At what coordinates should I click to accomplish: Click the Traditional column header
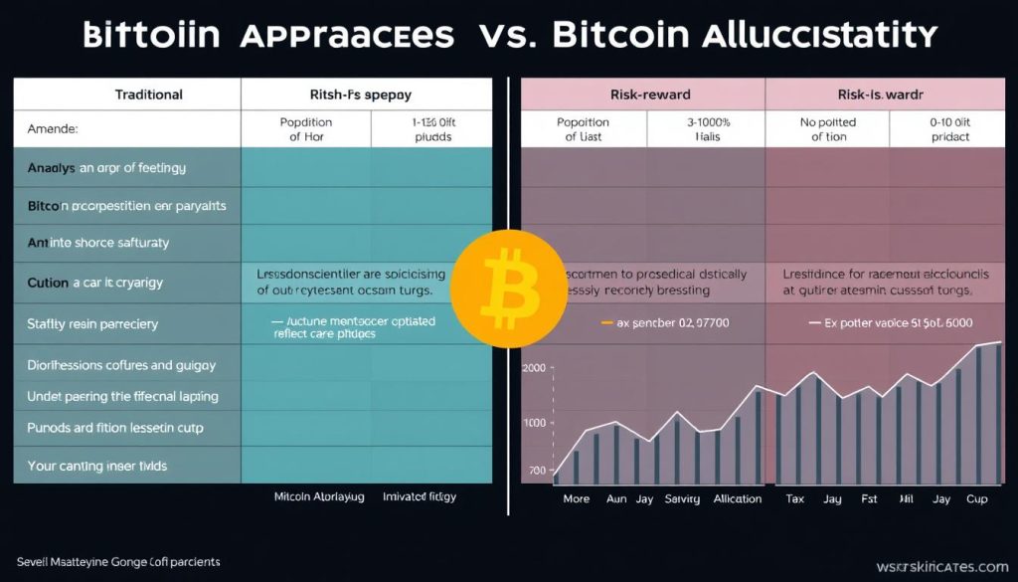(x=149, y=95)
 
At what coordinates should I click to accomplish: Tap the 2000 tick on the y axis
(x=535, y=368)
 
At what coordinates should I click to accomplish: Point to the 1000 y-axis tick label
(x=535, y=423)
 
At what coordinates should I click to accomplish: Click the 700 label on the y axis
(x=537, y=471)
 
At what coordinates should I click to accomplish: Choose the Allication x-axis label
(x=738, y=498)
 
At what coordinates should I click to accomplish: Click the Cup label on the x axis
(x=977, y=498)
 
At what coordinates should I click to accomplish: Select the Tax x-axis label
(x=795, y=498)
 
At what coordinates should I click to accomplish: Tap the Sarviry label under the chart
(x=682, y=498)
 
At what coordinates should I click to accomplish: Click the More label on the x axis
(x=577, y=498)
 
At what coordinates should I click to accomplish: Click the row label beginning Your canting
(x=97, y=466)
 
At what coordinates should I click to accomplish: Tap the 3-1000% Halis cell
(x=708, y=129)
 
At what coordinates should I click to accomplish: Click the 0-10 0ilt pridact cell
(x=950, y=129)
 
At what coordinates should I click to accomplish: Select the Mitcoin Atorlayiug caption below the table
(x=319, y=494)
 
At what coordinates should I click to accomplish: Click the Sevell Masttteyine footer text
(x=118, y=562)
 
